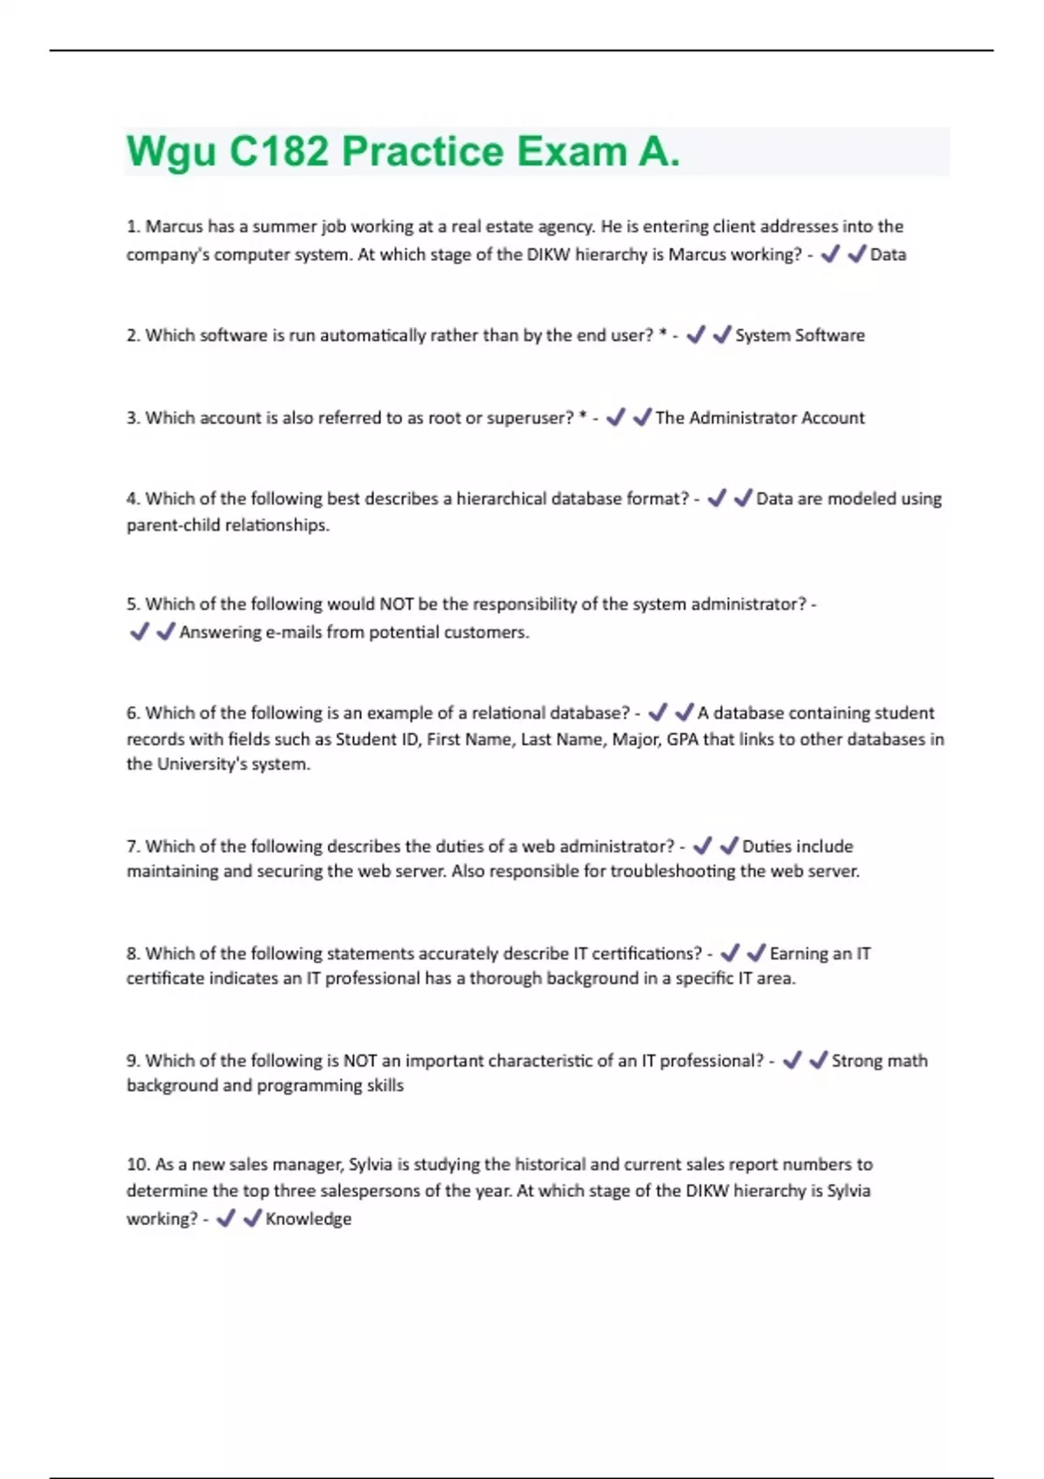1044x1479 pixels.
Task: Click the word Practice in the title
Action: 422,152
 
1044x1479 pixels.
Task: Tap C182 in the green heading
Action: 278,152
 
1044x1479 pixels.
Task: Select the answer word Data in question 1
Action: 888,255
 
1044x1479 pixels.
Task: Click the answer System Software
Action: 800,336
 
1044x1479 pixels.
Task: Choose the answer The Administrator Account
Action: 760,418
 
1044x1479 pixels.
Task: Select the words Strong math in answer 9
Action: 879,1061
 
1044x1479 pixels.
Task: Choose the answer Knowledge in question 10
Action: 308,1219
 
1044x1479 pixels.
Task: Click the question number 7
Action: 133,847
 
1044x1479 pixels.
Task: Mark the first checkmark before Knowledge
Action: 225,1219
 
